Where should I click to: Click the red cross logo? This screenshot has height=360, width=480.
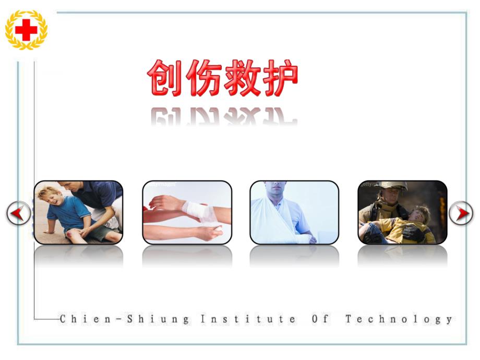point(26,30)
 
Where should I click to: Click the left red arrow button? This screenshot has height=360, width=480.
point(18,213)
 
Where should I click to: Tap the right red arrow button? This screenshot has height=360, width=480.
point(461,213)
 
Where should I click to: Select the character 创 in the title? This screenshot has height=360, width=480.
point(165,79)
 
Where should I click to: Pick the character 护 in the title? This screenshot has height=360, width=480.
point(279,79)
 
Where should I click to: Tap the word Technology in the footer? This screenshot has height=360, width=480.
point(399,319)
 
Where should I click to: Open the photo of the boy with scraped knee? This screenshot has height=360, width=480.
point(78,212)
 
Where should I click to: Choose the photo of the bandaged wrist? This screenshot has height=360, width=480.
point(187,212)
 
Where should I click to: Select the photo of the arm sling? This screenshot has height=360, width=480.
point(294,212)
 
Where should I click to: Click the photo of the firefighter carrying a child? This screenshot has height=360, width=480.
point(402,212)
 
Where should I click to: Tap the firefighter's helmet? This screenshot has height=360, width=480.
point(394,186)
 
